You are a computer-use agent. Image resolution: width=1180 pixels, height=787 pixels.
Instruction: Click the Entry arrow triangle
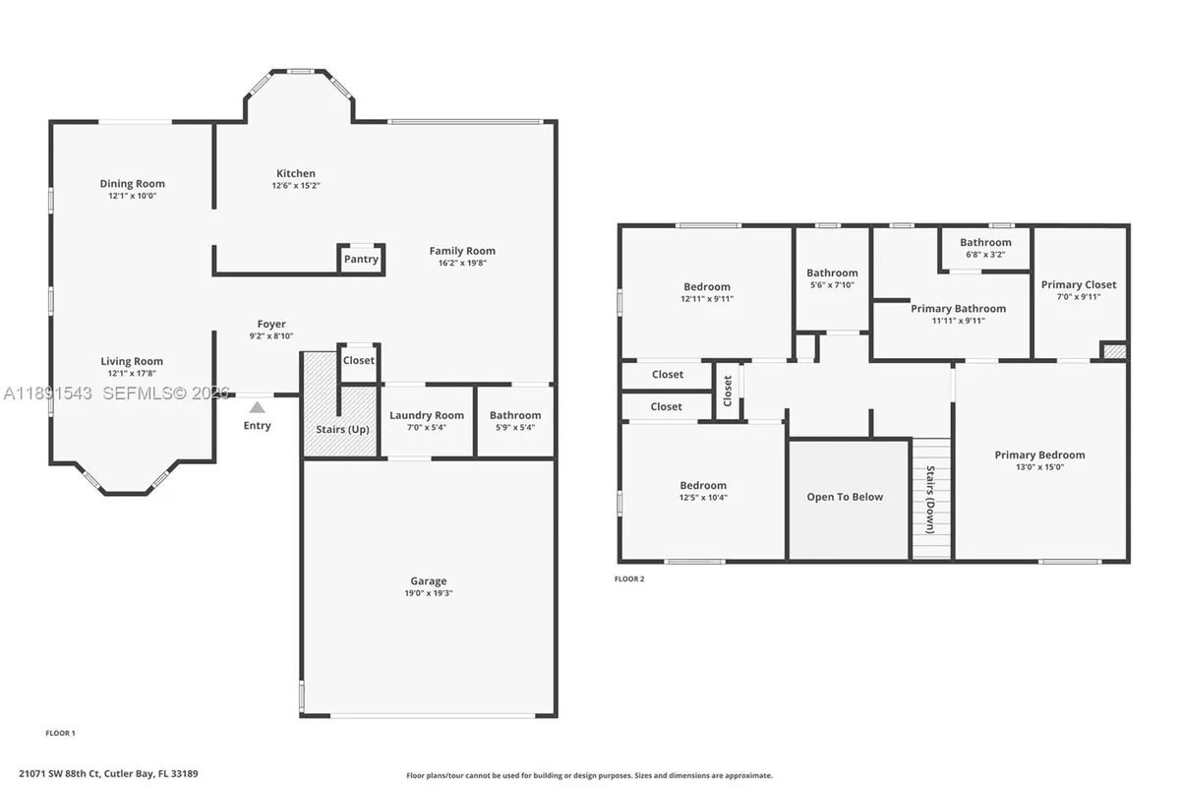(x=257, y=406)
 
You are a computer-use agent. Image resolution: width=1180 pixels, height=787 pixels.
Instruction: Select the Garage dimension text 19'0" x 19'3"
(x=428, y=593)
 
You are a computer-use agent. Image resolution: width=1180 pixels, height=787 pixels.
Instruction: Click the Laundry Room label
(x=426, y=415)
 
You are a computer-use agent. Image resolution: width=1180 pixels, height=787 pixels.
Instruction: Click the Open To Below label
(x=845, y=497)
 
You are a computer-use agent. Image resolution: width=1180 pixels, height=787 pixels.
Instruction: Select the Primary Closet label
(x=1079, y=284)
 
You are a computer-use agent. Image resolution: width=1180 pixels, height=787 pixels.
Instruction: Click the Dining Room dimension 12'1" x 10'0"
(x=133, y=196)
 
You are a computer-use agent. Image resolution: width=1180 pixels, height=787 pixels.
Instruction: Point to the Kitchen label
(x=295, y=173)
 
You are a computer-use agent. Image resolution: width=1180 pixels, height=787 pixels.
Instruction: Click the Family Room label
(x=462, y=251)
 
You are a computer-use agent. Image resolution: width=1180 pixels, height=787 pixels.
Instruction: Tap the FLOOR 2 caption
(x=629, y=579)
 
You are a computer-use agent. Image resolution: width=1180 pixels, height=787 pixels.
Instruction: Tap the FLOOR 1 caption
(x=61, y=733)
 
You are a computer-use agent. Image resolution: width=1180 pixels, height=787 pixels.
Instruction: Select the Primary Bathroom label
(x=958, y=308)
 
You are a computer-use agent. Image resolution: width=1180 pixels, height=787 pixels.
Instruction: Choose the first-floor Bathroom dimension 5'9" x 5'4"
(x=515, y=427)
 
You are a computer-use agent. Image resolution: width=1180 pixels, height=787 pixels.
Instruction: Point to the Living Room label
(x=132, y=361)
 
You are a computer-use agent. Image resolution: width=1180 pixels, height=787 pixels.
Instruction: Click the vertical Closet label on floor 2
(x=728, y=392)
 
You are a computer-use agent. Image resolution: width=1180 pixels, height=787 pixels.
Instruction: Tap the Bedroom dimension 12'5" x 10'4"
(x=703, y=498)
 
